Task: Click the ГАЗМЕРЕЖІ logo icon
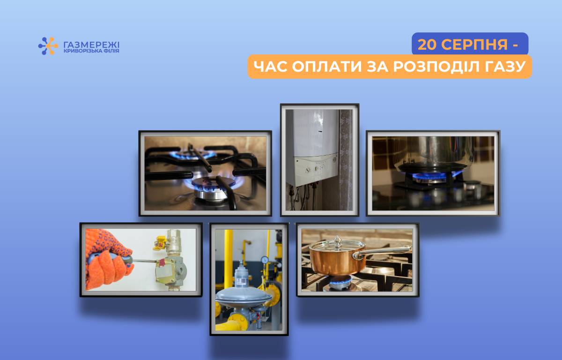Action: pos(48,46)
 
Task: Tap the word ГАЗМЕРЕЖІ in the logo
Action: pos(91,45)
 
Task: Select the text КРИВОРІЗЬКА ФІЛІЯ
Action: pos(91,51)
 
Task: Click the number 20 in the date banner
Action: pos(427,45)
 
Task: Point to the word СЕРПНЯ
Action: pos(474,45)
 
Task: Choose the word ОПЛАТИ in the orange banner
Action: pos(327,67)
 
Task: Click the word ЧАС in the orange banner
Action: pos(270,67)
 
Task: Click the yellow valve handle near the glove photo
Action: pos(160,243)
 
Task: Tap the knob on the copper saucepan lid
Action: pos(338,240)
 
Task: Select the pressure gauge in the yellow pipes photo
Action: pos(265,260)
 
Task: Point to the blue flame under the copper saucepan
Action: pos(340,279)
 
